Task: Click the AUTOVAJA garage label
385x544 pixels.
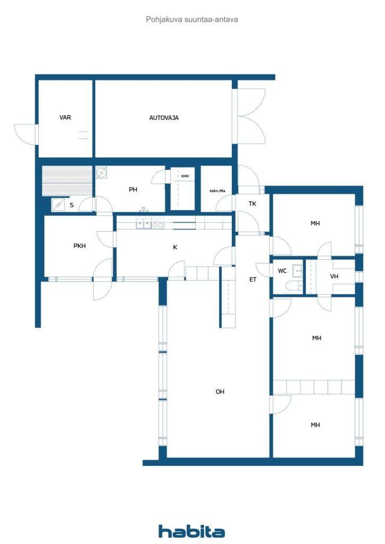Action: (x=164, y=118)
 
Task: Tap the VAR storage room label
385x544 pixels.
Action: (x=65, y=117)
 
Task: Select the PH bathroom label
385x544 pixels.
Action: (x=133, y=190)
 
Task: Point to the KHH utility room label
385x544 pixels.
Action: (x=185, y=176)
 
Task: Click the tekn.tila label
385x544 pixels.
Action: (x=217, y=191)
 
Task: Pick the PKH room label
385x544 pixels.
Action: (x=80, y=245)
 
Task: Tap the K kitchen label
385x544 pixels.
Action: (x=175, y=247)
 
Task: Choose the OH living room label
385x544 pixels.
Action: (x=220, y=392)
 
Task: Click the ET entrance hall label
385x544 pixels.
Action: (x=253, y=279)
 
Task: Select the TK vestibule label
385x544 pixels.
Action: (x=253, y=203)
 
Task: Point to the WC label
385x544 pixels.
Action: (x=282, y=270)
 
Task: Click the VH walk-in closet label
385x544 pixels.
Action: (x=334, y=276)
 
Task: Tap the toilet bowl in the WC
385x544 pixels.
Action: (x=294, y=286)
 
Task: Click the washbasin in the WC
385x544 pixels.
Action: (x=297, y=270)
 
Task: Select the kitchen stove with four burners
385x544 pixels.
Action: (x=157, y=223)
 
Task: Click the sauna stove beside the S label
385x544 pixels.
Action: (x=58, y=205)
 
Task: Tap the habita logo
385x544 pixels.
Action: (x=191, y=531)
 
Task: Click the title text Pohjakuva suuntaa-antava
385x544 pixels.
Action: (x=192, y=20)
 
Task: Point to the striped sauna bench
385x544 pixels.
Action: (x=67, y=181)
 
